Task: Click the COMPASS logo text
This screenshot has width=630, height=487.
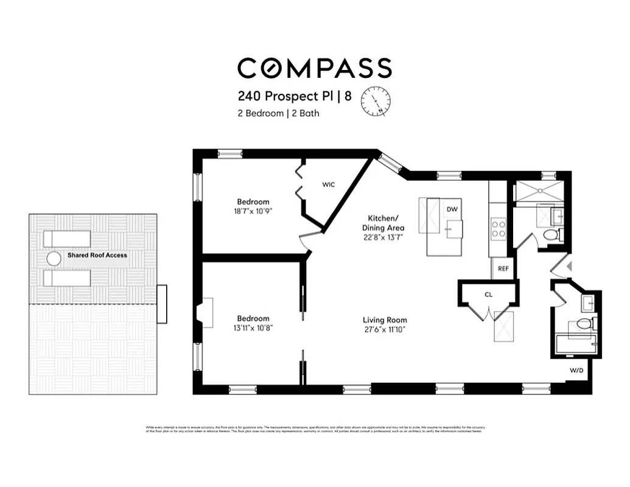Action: coord(314,68)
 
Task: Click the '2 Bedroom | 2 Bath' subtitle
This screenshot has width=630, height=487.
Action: coord(278,113)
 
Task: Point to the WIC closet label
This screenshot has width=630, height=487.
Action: coord(329,184)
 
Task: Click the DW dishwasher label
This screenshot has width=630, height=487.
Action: coord(452,209)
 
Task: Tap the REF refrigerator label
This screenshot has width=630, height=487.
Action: coord(503,268)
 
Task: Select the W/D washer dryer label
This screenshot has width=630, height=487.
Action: coord(576,370)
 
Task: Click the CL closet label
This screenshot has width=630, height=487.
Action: coord(488,295)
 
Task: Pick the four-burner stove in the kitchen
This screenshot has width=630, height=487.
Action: coord(499,228)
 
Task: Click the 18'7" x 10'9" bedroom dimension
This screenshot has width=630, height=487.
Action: coord(253,211)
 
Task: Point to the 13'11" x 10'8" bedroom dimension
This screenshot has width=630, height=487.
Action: coord(253,328)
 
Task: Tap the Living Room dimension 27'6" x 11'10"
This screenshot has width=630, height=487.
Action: coord(385,329)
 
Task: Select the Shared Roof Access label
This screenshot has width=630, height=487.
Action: coord(97,255)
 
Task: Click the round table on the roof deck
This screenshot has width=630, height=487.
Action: coord(54,258)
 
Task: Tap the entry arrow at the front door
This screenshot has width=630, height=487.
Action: coord(569,266)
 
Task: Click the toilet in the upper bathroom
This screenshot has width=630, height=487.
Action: coord(550,234)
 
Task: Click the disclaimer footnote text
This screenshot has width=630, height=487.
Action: coord(314,429)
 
